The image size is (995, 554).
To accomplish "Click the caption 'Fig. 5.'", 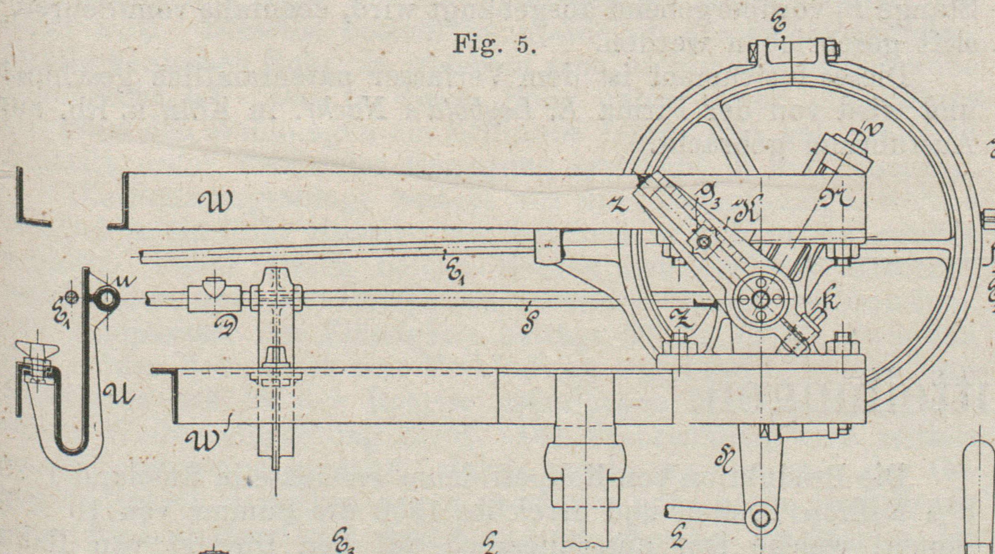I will [494, 44].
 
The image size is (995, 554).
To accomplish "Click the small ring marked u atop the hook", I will [107, 299].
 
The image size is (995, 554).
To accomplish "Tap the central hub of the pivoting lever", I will [761, 299].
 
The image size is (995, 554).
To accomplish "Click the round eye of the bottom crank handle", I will [761, 518].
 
